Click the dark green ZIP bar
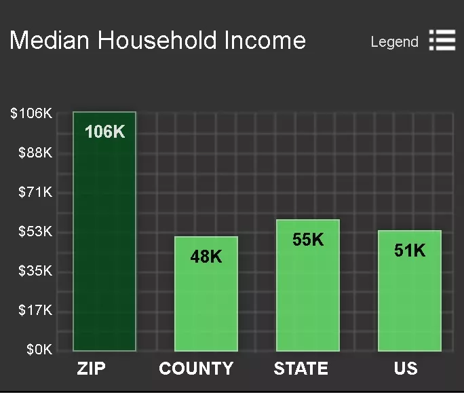coord(104,231)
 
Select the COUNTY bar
coord(206,294)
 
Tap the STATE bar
coord(308,285)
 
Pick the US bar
coord(410,291)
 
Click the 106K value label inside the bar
coord(104,132)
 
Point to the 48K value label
coord(206,256)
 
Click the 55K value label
coord(308,240)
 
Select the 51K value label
coord(410,250)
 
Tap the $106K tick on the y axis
coord(31,113)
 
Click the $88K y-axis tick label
coord(35,153)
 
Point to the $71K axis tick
coord(35,192)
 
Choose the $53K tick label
coord(35,231)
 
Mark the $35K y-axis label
coord(35,271)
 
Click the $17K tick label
coord(35,310)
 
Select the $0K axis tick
coord(39,350)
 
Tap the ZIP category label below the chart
coord(91,369)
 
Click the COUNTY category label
coord(196,369)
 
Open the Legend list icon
coord(442,40)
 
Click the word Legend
coord(394,42)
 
